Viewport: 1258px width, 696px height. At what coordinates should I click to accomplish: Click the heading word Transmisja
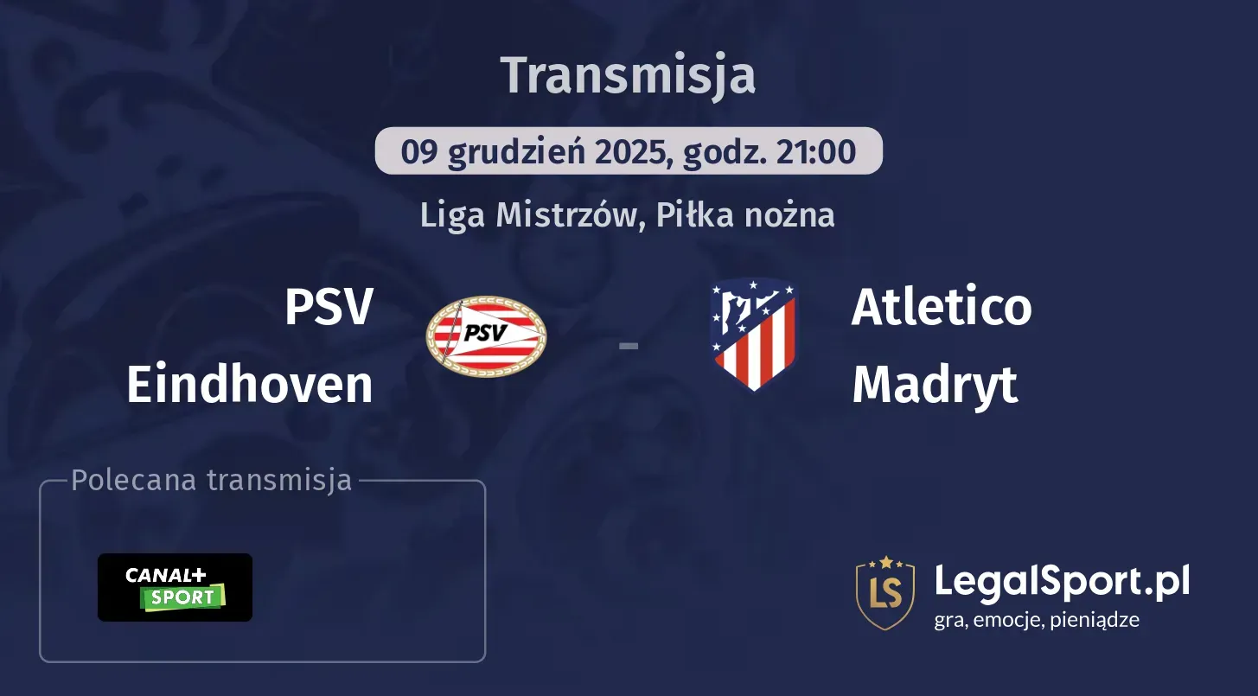tap(629, 75)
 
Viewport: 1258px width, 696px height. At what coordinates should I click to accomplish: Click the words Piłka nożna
tap(745, 215)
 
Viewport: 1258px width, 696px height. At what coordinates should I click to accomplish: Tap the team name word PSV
tap(329, 307)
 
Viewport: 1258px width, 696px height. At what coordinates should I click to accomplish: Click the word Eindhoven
tap(250, 385)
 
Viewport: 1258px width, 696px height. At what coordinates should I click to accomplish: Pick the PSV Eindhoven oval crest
tap(487, 336)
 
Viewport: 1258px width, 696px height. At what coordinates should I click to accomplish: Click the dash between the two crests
tap(629, 346)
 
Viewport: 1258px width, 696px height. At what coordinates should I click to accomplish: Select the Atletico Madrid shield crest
tap(753, 335)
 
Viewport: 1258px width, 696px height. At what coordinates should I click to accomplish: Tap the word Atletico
tap(942, 307)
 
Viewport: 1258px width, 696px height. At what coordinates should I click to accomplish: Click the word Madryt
tap(935, 385)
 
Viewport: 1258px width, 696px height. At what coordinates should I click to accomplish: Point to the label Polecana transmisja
tap(212, 481)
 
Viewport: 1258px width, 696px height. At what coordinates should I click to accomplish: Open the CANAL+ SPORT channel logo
tap(175, 587)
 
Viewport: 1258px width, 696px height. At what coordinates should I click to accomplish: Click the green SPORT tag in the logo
tap(184, 597)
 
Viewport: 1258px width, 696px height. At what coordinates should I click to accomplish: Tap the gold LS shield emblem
tap(885, 593)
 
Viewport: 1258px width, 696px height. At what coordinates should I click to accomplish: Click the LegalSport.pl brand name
tap(1062, 581)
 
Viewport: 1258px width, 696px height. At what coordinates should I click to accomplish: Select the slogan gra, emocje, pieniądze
tap(1037, 619)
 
